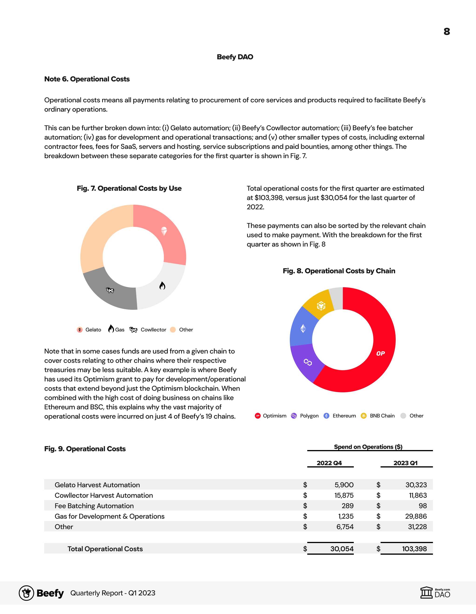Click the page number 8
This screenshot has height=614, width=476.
(446, 31)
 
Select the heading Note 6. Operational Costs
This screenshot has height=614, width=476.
(87, 79)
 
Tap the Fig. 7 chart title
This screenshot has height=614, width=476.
(129, 188)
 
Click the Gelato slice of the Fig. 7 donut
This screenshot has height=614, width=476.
(166, 236)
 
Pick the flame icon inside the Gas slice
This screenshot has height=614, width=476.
(162, 286)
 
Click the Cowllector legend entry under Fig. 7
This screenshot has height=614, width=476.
(148, 330)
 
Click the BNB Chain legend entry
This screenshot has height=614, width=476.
(378, 416)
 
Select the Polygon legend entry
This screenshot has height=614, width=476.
(305, 416)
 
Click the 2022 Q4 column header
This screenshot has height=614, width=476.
(329, 463)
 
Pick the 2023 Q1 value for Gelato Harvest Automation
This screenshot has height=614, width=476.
(416, 485)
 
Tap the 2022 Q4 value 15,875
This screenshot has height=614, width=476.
(344, 495)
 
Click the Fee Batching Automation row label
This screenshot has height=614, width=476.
(94, 506)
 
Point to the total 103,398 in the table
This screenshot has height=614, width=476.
(414, 549)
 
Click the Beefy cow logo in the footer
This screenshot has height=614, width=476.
(27, 593)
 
